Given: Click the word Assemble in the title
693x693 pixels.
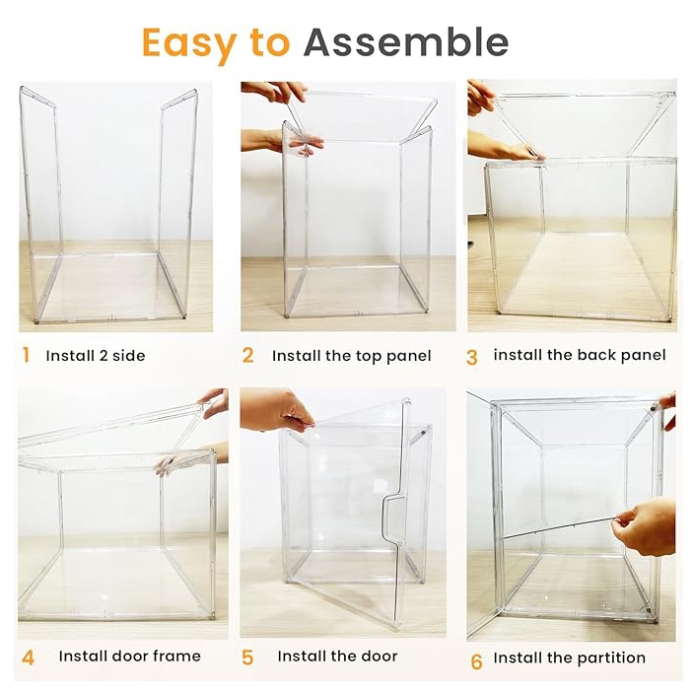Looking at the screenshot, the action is (406, 42).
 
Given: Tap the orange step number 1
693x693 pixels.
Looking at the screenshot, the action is (27, 355).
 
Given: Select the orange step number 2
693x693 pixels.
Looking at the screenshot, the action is (248, 355).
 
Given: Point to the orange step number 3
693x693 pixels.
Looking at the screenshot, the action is (472, 358).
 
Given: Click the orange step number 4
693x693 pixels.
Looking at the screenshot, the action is (28, 658).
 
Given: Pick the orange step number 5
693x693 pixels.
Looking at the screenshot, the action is (247, 658).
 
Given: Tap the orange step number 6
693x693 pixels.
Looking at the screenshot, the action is (476, 661).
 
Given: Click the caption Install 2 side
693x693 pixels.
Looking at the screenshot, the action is (96, 356).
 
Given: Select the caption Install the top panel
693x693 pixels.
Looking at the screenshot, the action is (351, 356).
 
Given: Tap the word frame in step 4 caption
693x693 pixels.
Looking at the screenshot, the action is (177, 656).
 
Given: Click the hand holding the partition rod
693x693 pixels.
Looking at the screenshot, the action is (646, 526).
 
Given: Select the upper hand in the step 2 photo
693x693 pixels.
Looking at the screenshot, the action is (274, 91).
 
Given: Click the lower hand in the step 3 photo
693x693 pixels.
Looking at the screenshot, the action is (503, 146).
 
